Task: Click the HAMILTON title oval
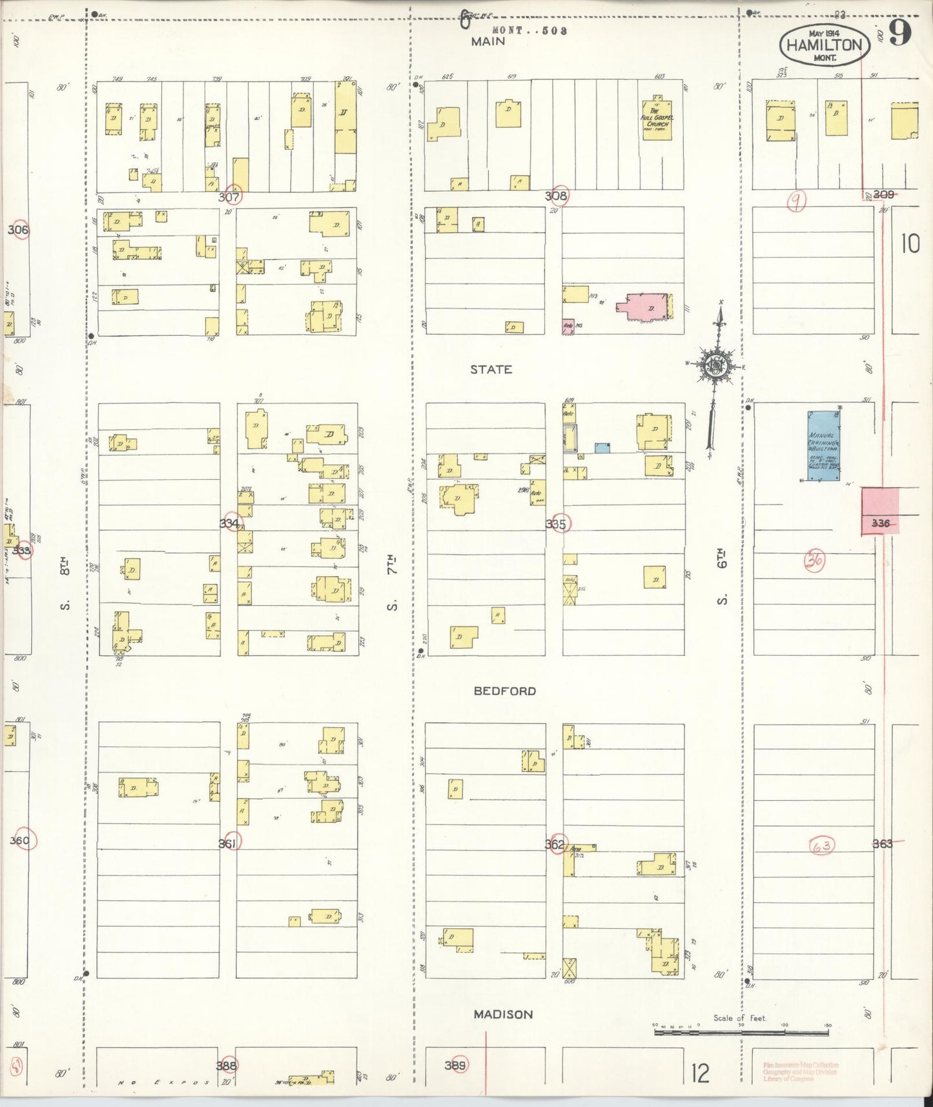click(x=825, y=45)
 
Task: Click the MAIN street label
click(x=487, y=42)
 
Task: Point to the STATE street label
click(x=491, y=369)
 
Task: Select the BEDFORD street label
click(x=504, y=691)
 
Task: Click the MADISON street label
click(x=503, y=1015)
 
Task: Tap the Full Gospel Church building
click(x=657, y=119)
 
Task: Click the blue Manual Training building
click(x=823, y=445)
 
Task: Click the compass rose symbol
click(x=716, y=365)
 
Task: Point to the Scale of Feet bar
click(x=741, y=1032)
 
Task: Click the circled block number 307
click(x=230, y=196)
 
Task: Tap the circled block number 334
click(x=230, y=523)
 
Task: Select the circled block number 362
click(x=555, y=844)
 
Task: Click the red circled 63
click(x=821, y=845)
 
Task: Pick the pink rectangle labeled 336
click(x=879, y=512)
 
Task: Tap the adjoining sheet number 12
click(x=700, y=1073)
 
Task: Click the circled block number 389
click(x=456, y=1065)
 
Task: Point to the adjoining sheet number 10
click(x=910, y=243)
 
